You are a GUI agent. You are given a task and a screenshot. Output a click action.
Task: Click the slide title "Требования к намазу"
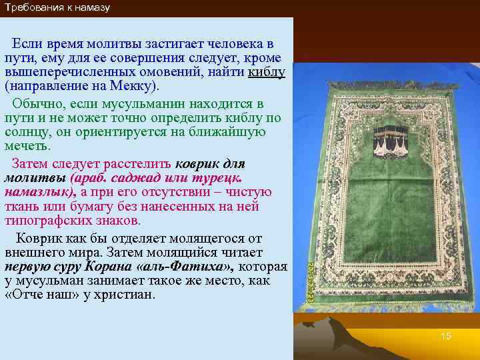click(x=57, y=8)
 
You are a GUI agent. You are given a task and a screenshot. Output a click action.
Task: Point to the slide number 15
click(x=445, y=336)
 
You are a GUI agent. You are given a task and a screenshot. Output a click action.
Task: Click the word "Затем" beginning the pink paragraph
click(x=31, y=163)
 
